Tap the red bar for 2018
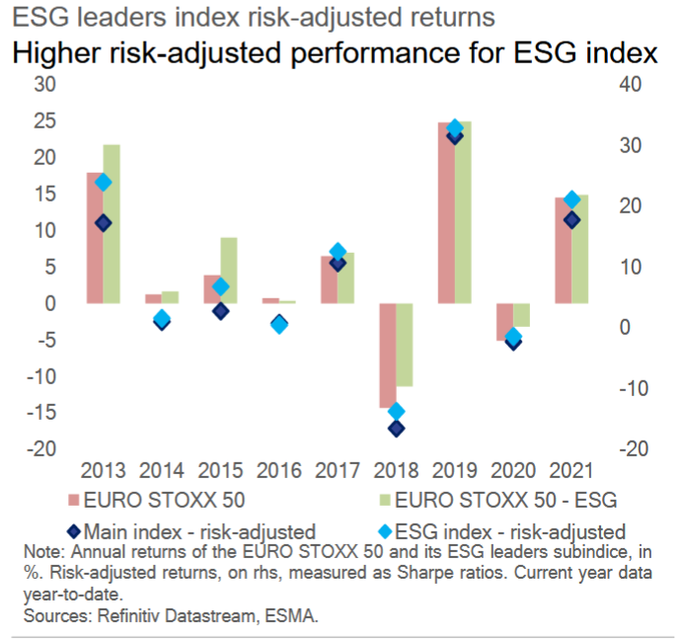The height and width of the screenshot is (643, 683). click(x=387, y=356)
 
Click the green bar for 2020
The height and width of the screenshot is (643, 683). click(x=520, y=315)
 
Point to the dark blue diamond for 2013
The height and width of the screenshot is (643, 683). click(x=103, y=223)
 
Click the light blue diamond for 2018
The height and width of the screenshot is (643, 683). click(x=396, y=412)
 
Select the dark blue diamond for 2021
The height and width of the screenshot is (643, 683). click(x=571, y=220)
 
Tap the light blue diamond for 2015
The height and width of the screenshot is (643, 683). click(x=220, y=287)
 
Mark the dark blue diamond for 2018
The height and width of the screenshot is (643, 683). click(x=396, y=429)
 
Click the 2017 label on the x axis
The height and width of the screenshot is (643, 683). click(x=337, y=469)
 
